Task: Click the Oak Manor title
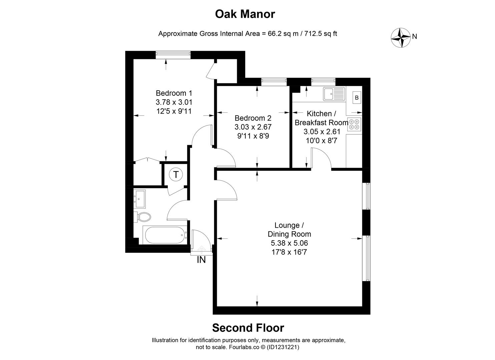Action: (245, 14)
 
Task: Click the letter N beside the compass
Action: (415, 37)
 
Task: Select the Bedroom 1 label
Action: (174, 93)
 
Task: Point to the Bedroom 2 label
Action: (253, 118)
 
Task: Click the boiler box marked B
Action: (357, 98)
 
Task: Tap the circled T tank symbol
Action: (175, 174)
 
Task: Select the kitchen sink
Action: (334, 94)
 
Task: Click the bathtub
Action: (165, 235)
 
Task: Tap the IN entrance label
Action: (201, 260)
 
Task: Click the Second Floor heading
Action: (248, 328)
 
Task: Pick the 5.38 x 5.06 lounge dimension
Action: (289, 243)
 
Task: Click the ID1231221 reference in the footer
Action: (282, 347)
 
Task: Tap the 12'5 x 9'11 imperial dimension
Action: (174, 111)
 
